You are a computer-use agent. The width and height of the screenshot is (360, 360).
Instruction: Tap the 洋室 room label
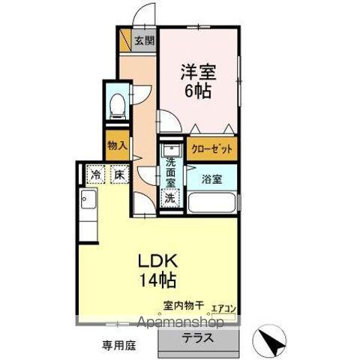197,73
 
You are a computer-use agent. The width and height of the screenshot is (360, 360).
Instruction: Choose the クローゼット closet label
211,149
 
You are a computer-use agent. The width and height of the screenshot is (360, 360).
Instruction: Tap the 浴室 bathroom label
211,178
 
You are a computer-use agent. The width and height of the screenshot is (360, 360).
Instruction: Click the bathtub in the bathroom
211,202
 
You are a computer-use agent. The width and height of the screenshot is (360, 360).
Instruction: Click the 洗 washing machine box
170,198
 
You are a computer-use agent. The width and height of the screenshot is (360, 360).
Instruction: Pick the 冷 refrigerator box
95,175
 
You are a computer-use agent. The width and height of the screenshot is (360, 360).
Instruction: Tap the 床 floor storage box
118,175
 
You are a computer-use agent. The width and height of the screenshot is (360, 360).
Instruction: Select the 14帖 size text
158,281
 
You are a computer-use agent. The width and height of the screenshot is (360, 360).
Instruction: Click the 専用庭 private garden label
118,346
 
